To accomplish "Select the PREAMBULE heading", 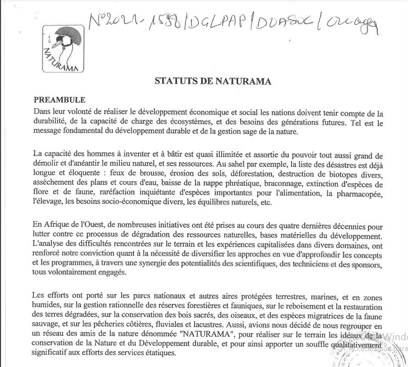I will pyautogui.click(x=60, y=100).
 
